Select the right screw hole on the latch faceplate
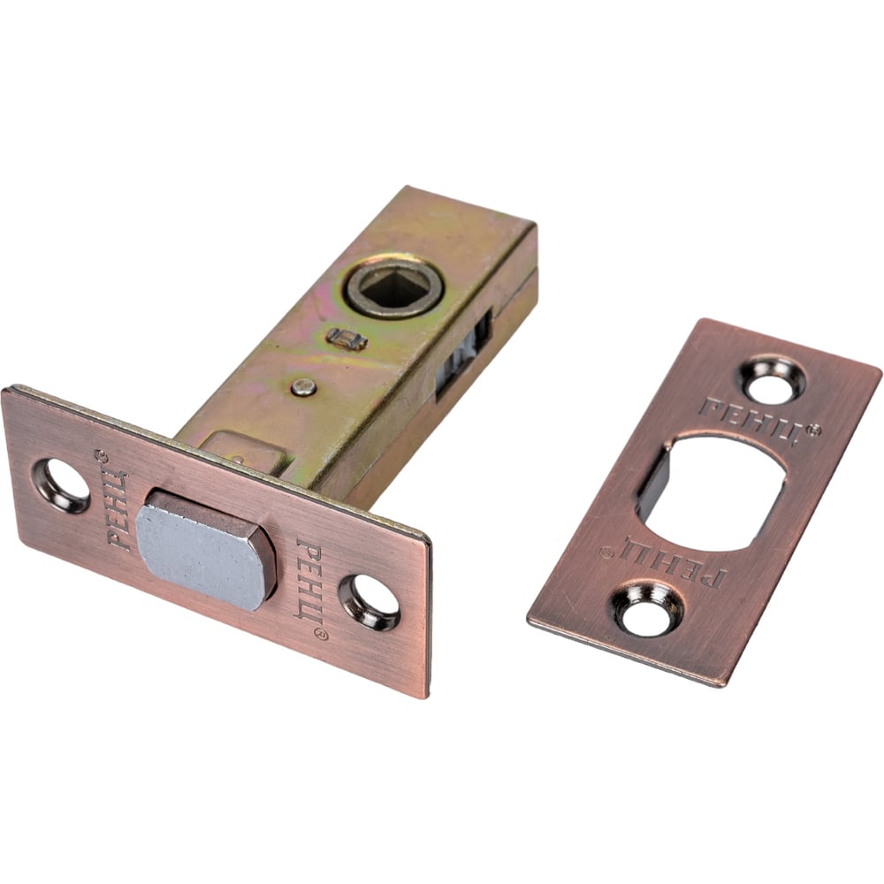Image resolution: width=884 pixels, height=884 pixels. (370, 602)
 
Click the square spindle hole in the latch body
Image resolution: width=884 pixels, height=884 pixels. (394, 289)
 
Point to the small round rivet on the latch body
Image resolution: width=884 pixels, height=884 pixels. (303, 387)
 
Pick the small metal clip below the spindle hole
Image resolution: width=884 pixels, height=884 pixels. (347, 339)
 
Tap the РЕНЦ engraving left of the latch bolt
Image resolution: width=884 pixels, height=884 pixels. (118, 507)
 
